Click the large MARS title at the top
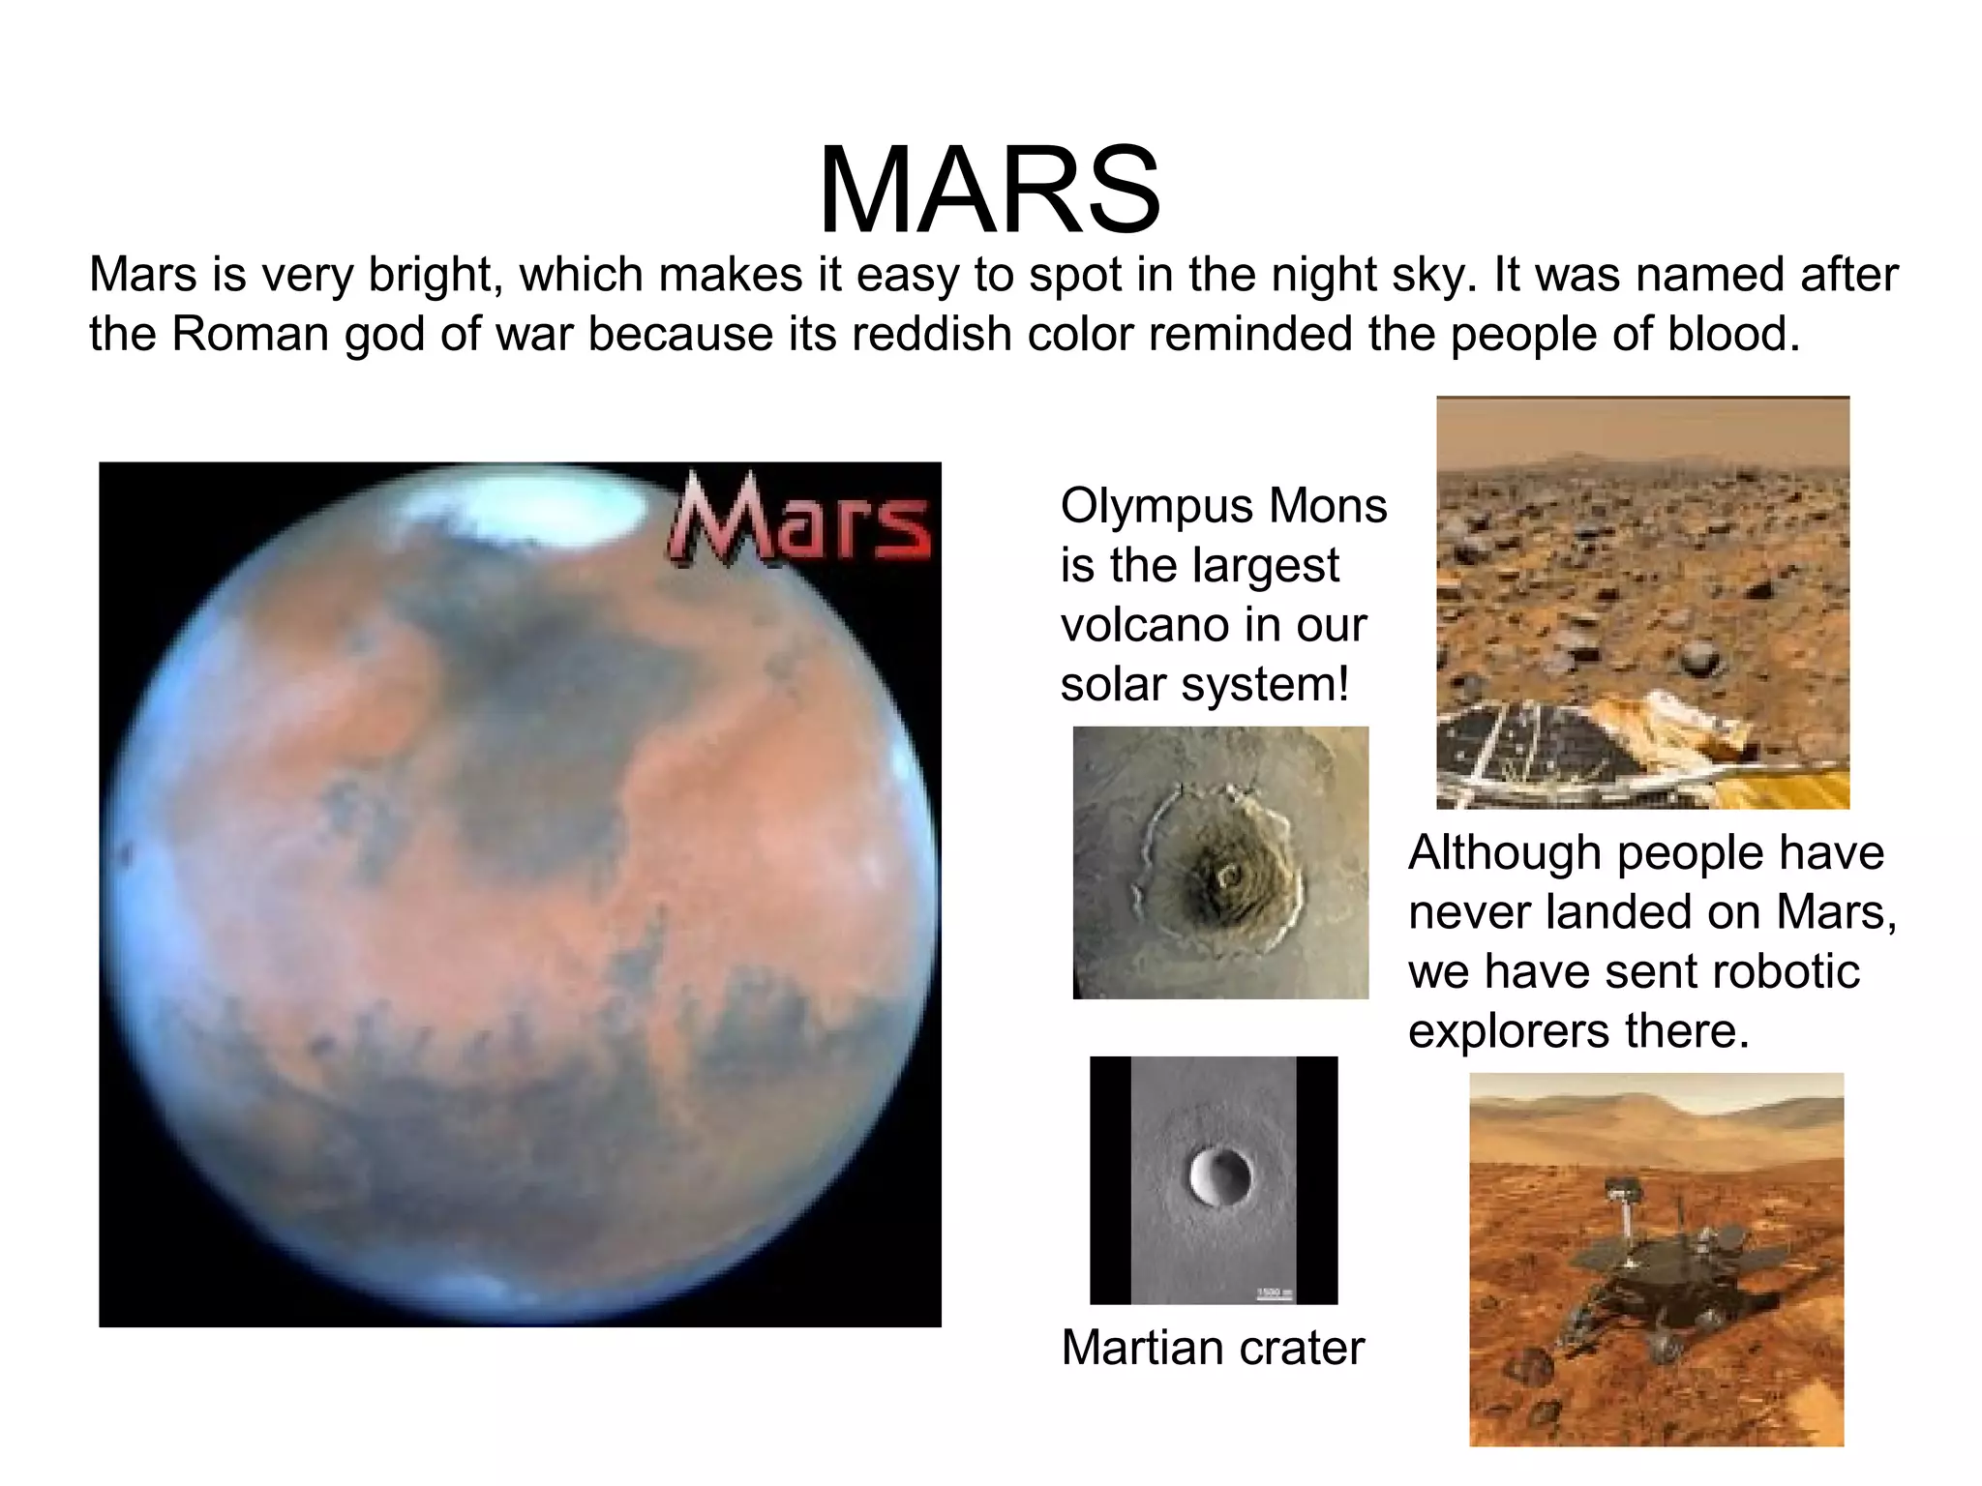point(989,191)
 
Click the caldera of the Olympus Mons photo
point(1230,877)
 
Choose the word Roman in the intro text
point(251,335)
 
